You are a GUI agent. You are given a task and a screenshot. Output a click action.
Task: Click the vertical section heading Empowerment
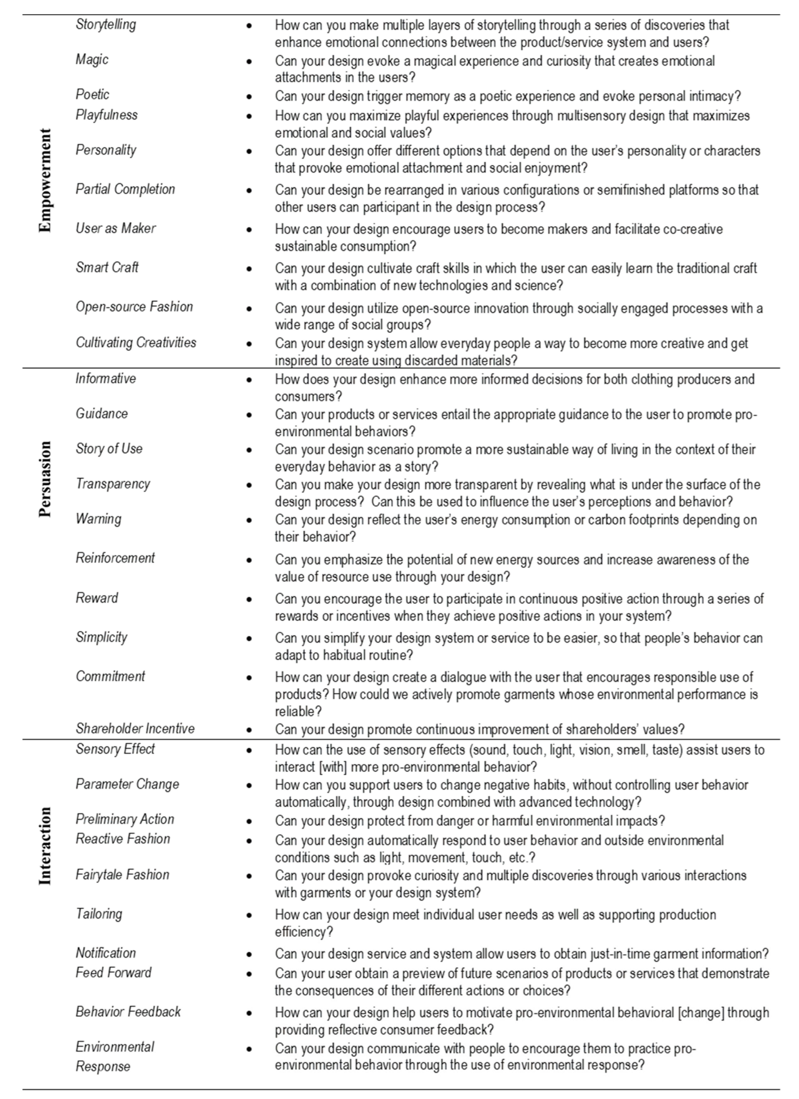45,180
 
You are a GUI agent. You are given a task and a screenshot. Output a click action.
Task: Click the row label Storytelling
106,24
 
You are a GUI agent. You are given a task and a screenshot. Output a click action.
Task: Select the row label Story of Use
109,449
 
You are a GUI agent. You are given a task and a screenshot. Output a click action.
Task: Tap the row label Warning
98,519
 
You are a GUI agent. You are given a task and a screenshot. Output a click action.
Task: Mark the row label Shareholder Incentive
135,728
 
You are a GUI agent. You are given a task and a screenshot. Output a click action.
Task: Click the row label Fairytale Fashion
123,875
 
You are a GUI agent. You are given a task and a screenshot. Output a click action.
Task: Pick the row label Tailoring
99,914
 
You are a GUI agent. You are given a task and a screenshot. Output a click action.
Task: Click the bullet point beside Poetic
249,96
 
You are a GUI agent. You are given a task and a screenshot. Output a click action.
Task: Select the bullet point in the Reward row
249,599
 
